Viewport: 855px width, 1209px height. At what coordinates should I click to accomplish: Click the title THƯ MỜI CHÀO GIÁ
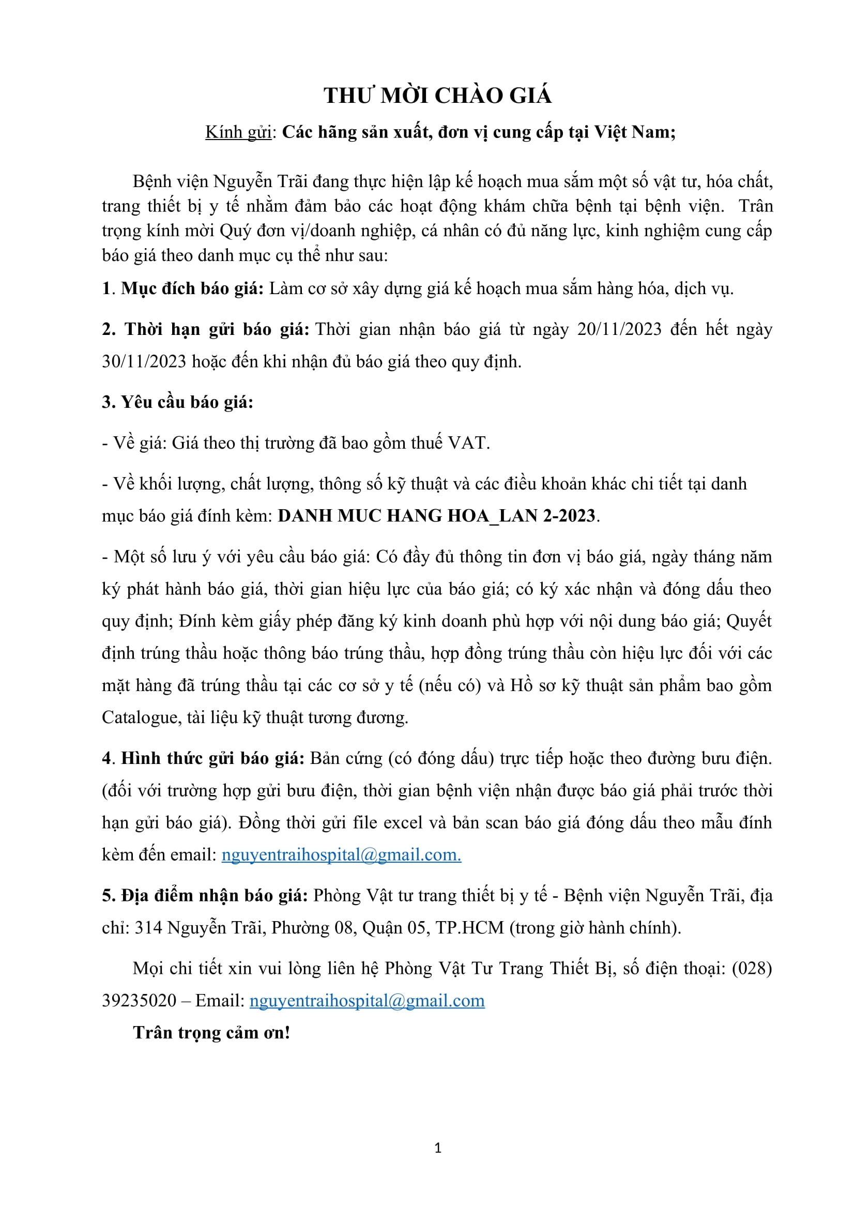click(437, 96)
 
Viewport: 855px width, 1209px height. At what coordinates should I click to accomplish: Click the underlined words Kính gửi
click(238, 132)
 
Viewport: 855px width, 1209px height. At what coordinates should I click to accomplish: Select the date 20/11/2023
click(619, 329)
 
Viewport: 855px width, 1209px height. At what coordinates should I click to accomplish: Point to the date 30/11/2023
click(144, 361)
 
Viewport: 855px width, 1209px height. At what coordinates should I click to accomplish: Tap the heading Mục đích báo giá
click(192, 288)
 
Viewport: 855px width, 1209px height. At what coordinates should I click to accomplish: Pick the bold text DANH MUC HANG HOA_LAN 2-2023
click(436, 515)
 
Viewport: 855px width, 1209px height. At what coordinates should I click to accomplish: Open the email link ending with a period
click(341, 854)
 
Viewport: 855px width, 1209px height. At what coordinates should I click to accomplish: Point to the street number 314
click(148, 927)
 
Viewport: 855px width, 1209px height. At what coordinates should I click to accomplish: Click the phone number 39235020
click(139, 1001)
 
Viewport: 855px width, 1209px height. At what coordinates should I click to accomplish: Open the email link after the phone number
click(367, 1001)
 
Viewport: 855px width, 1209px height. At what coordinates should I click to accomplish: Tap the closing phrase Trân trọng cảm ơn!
click(211, 1033)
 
